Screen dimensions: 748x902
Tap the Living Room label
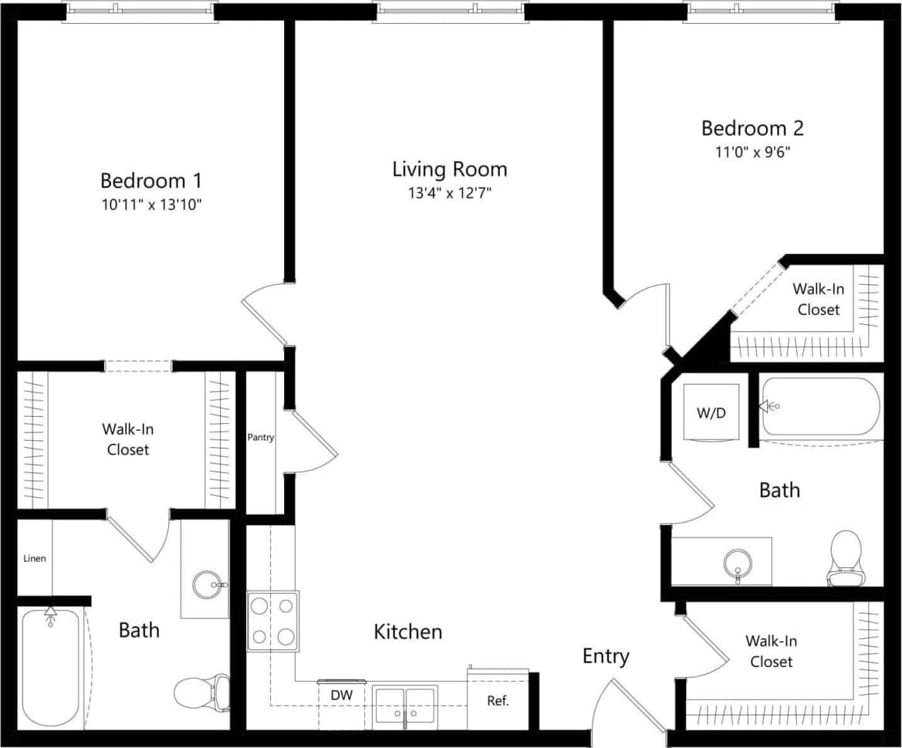point(450,169)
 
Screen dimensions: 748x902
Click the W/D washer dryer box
point(711,412)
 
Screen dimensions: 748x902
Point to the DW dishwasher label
point(342,696)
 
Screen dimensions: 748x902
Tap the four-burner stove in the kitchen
point(272,621)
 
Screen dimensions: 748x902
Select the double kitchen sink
point(405,706)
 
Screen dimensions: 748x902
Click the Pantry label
point(261,438)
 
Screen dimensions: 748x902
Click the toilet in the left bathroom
point(203,692)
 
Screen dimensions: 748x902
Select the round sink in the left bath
point(207,584)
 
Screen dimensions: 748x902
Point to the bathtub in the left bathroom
point(49,667)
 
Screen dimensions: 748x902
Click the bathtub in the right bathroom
point(820,407)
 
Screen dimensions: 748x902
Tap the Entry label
point(606,656)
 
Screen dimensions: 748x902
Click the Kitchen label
point(408,632)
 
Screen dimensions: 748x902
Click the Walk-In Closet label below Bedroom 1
point(127,439)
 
